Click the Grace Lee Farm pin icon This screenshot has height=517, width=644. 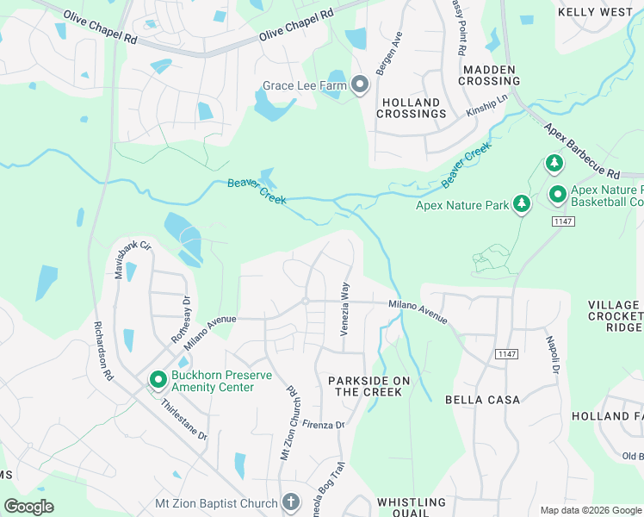coord(360,85)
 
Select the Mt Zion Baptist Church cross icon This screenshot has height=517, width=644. coord(291,502)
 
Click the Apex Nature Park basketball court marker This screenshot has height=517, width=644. coord(557,196)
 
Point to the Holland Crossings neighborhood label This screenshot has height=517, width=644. coord(411,109)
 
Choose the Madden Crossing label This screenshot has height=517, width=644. coord(489,75)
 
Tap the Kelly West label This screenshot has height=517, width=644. coord(594,12)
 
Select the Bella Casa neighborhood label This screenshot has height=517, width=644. coord(482,400)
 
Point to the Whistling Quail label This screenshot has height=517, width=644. coord(412,508)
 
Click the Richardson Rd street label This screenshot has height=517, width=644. coord(102,352)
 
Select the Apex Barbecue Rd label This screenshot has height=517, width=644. coord(581,152)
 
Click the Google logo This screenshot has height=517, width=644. coord(28,507)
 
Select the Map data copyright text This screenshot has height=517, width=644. coord(590,510)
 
